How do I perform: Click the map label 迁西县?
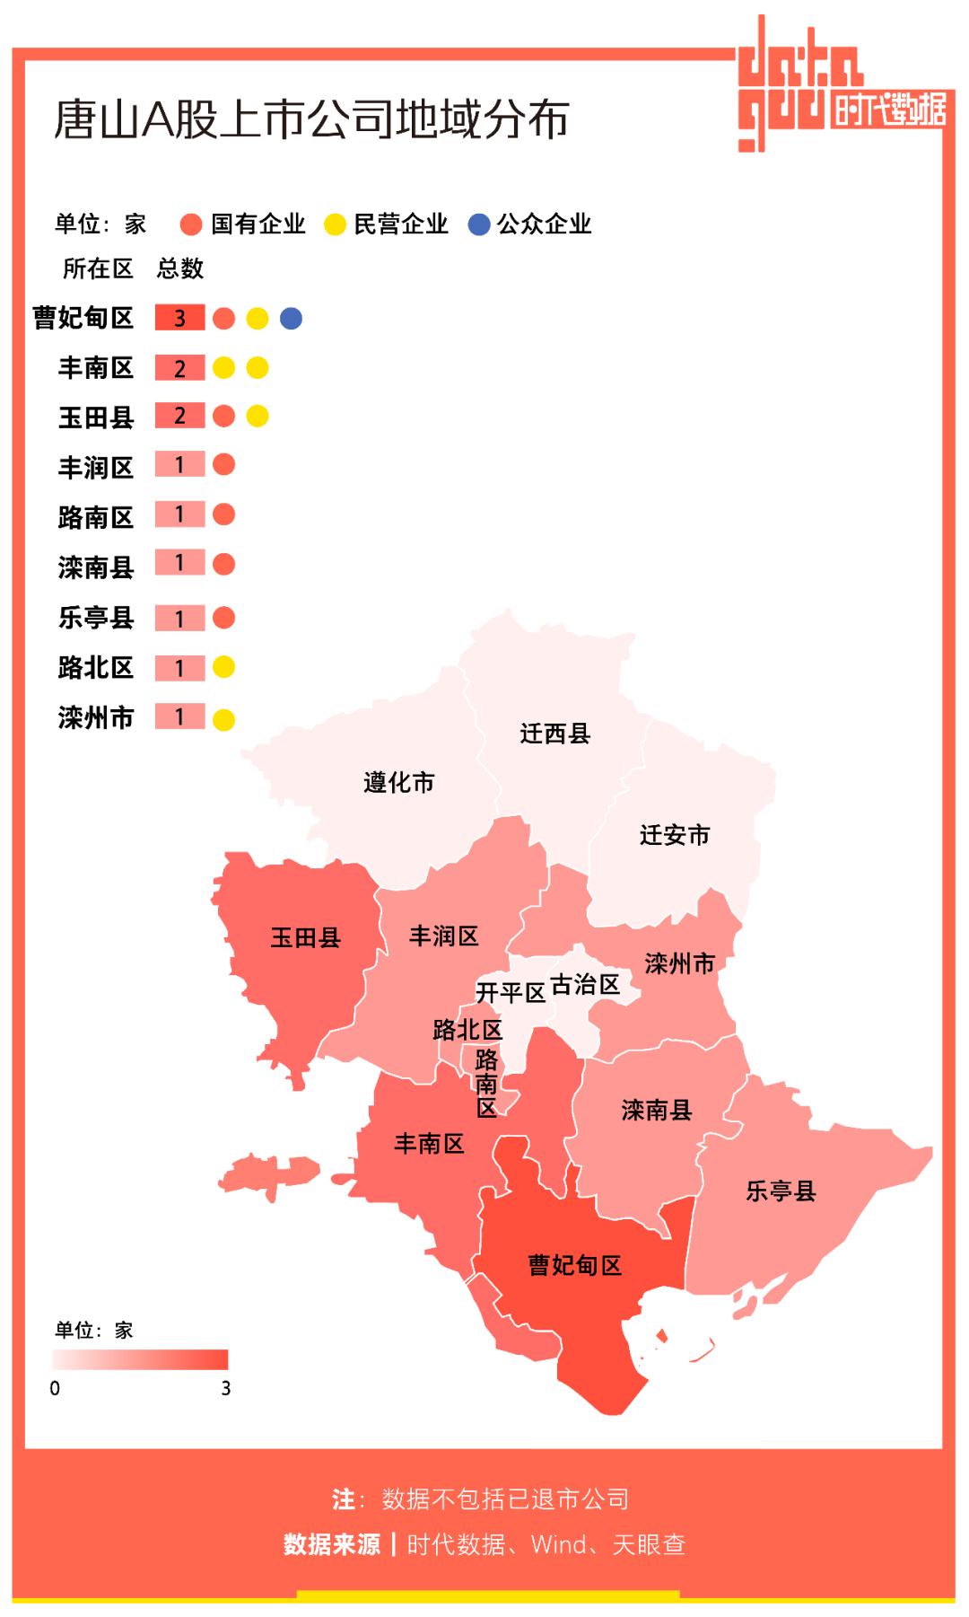[x=554, y=734]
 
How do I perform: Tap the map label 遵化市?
[x=398, y=782]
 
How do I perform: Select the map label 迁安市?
[x=674, y=835]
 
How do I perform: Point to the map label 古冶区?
[x=585, y=985]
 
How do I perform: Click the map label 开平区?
[x=510, y=992]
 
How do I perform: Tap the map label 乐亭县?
[x=781, y=1191]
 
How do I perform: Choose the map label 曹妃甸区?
[x=574, y=1265]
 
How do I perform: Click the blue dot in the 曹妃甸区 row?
[x=291, y=318]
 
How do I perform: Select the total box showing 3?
[x=179, y=318]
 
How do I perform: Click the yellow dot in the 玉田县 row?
[x=258, y=416]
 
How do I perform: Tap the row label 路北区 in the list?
[x=95, y=667]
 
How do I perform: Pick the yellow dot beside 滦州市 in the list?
[x=224, y=719]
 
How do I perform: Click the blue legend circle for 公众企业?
[x=479, y=224]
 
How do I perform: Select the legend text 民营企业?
[x=400, y=224]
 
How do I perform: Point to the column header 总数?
[x=180, y=268]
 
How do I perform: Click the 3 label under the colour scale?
[x=225, y=1388]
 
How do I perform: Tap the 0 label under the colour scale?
[x=55, y=1388]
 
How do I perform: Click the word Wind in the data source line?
[x=558, y=1544]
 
